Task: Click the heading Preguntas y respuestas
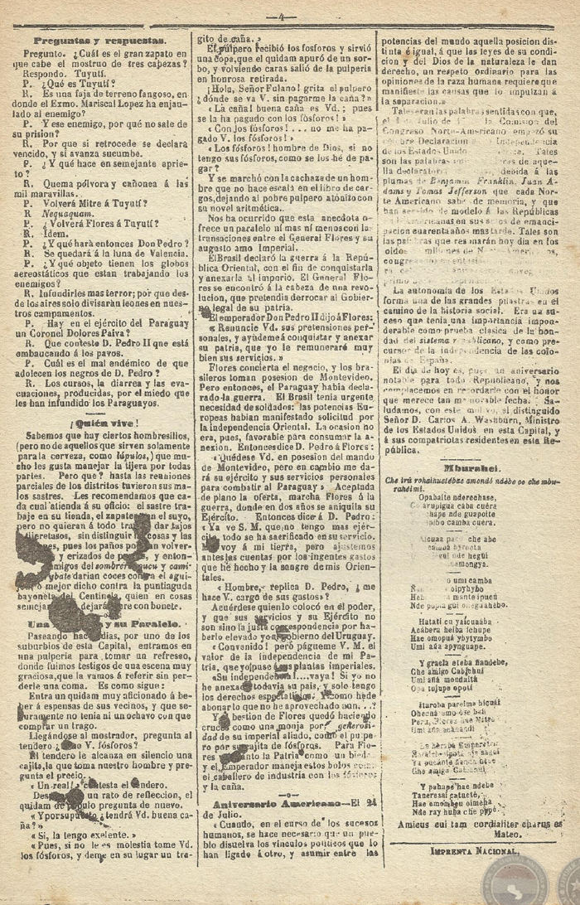99,40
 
